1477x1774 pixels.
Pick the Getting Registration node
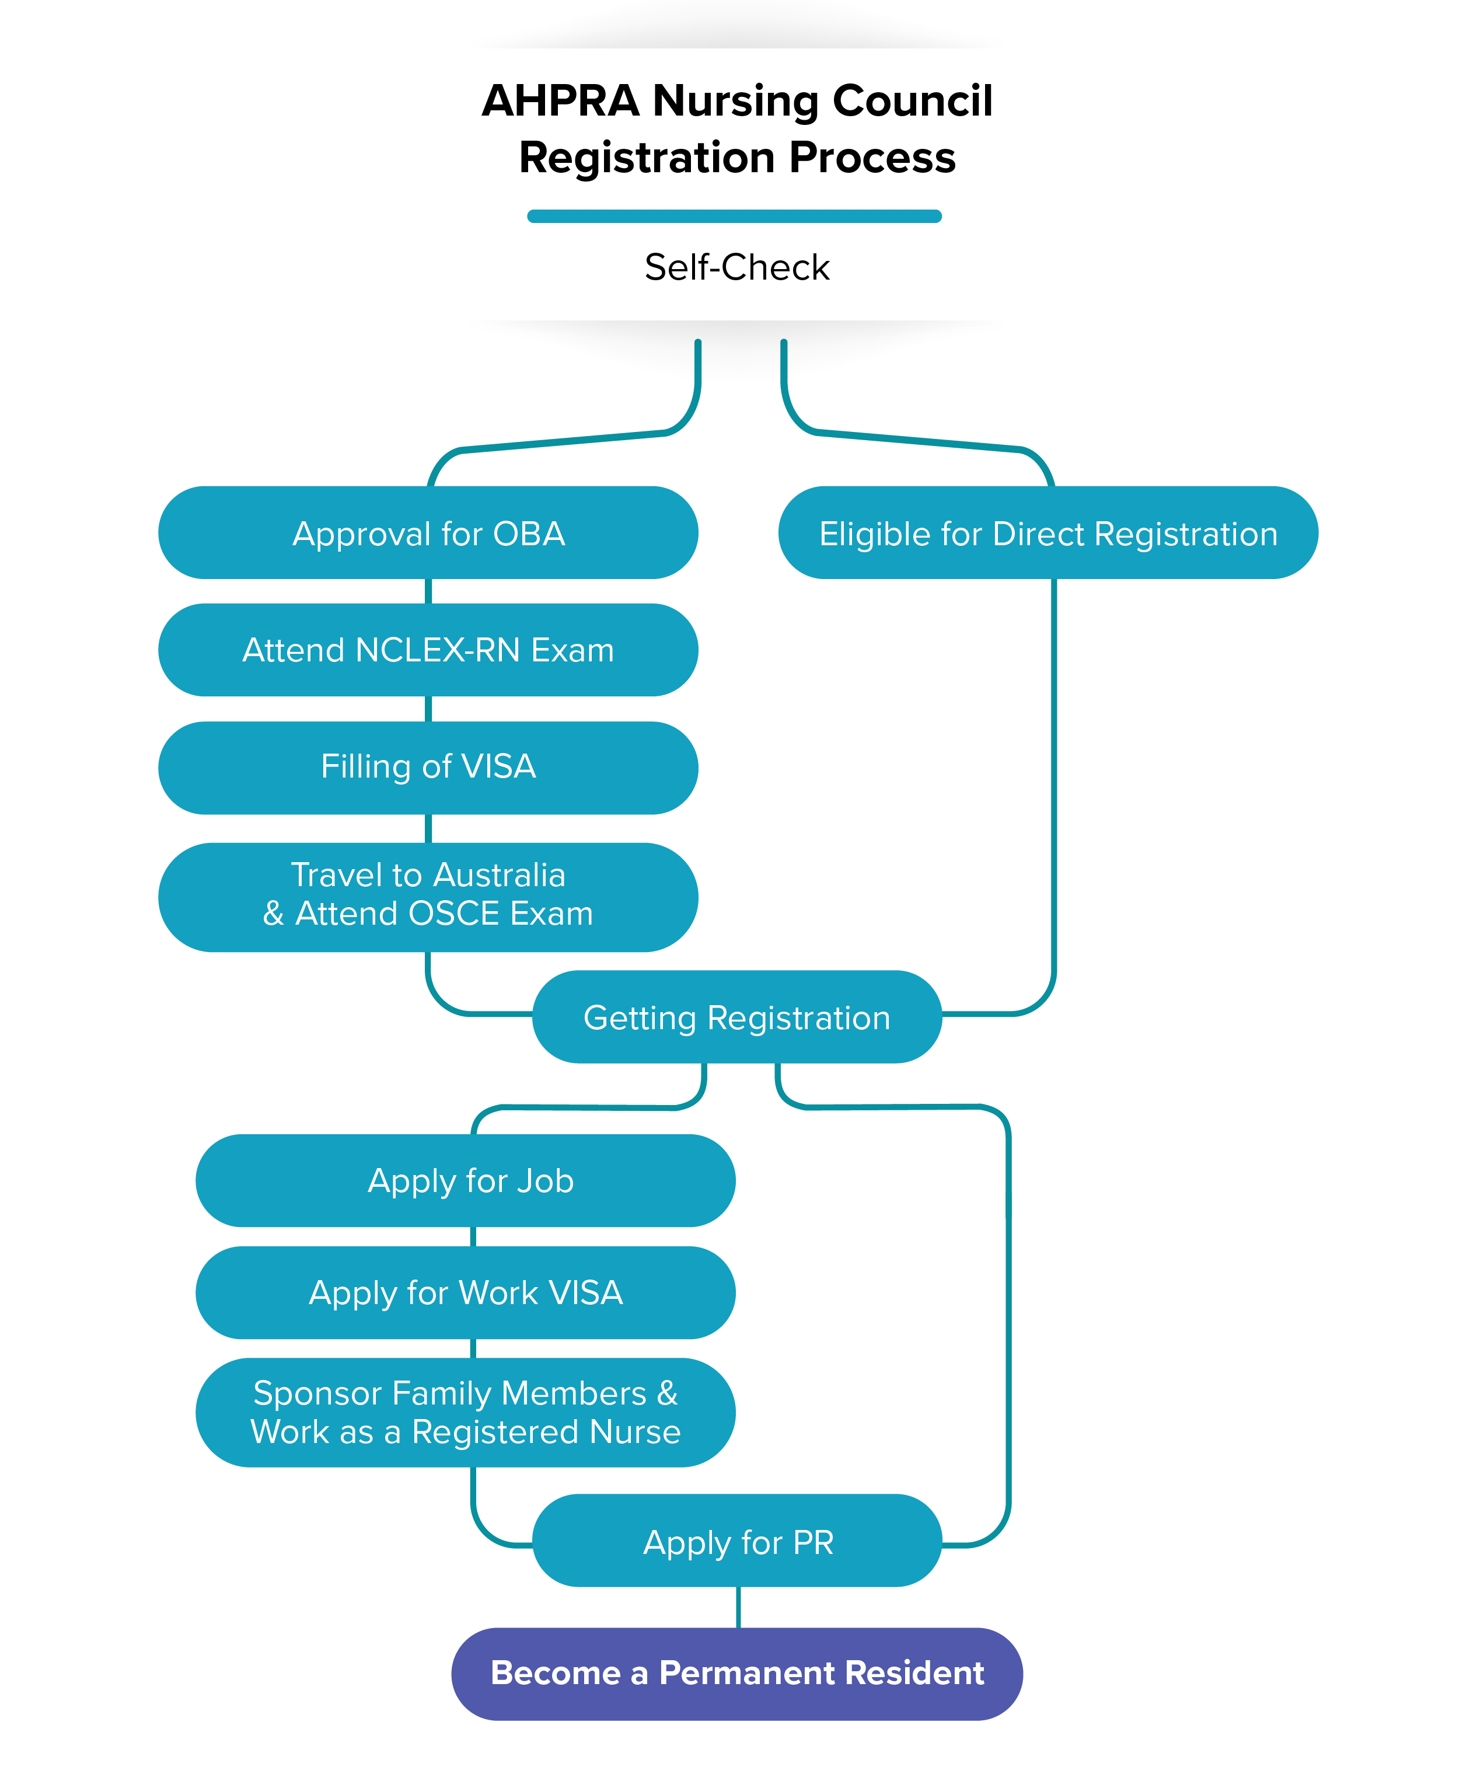coord(736,1017)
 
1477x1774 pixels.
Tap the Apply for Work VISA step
coord(465,1292)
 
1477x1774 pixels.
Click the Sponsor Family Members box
coord(465,1413)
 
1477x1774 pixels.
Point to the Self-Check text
coord(736,267)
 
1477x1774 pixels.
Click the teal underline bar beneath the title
coord(734,216)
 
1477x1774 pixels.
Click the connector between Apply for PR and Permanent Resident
coord(738,1608)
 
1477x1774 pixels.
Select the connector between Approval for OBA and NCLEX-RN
coord(428,591)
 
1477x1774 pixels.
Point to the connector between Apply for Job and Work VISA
coord(473,1237)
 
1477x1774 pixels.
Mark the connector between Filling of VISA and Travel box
coord(428,829)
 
